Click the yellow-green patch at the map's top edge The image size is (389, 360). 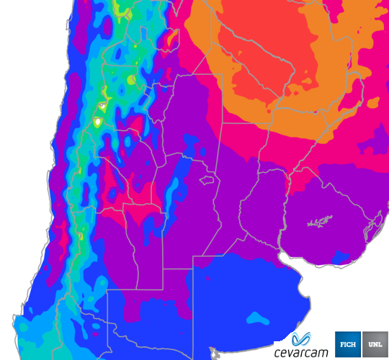tap(120, 7)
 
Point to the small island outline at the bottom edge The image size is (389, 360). tap(213, 354)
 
